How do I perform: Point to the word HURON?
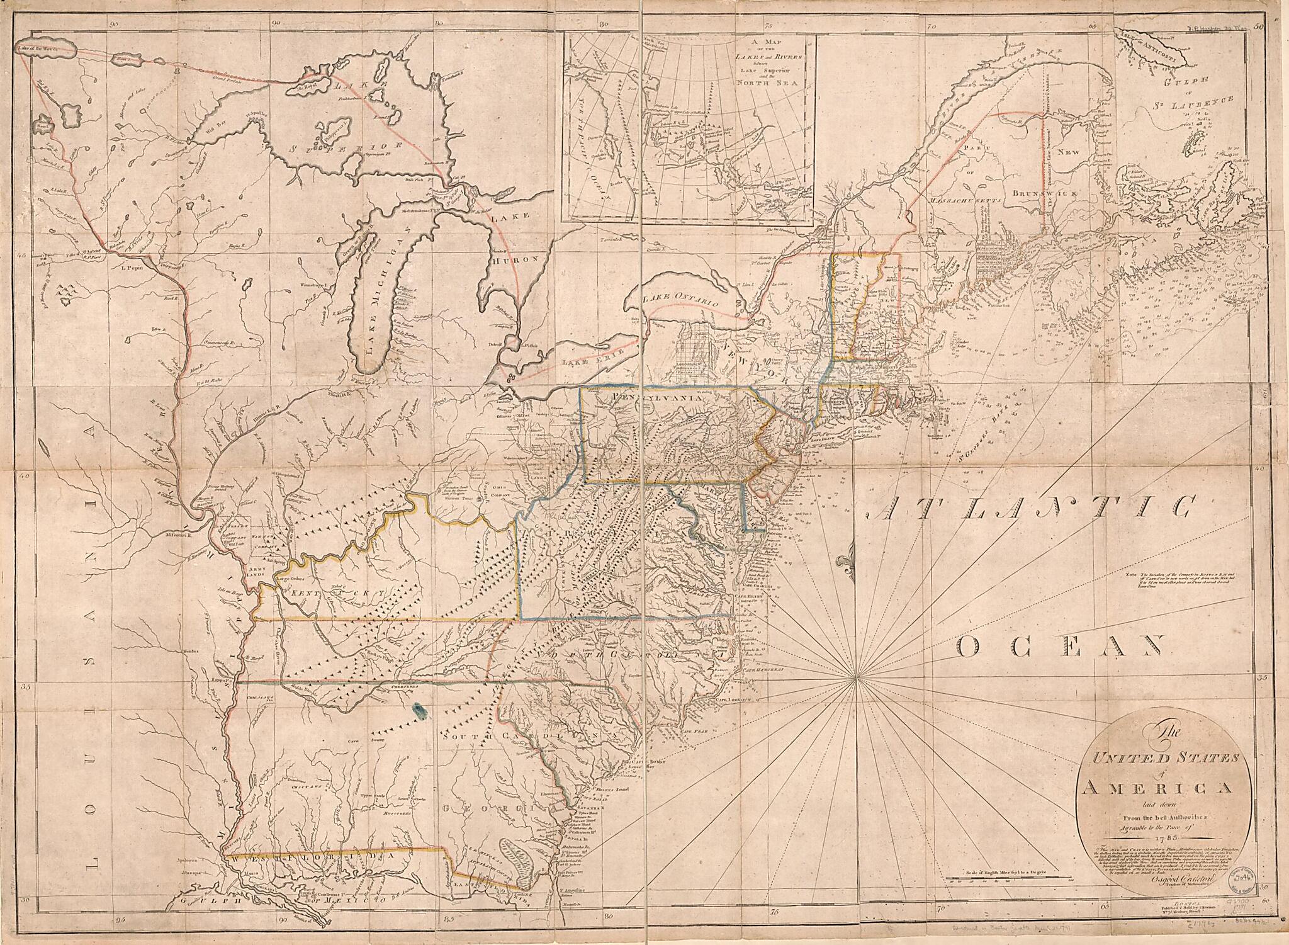click(515, 258)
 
